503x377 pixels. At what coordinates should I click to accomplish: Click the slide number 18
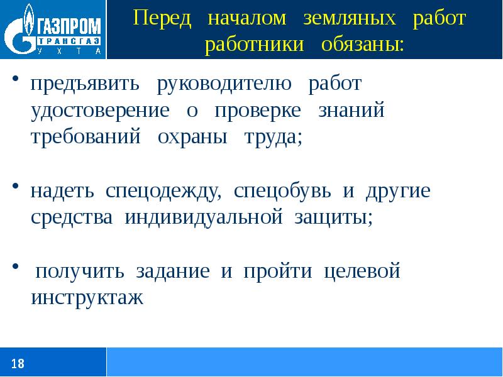tap(18, 363)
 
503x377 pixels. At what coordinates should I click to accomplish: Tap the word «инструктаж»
tap(87, 298)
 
